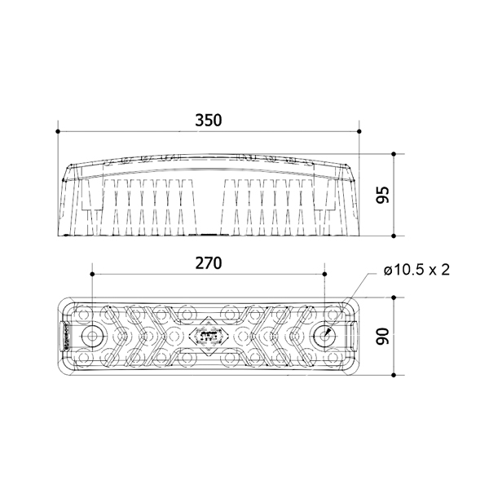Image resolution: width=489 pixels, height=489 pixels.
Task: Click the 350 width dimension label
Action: (209, 121)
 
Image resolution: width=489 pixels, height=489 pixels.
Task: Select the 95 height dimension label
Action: (383, 195)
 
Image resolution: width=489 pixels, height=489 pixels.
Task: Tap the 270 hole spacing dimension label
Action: (209, 263)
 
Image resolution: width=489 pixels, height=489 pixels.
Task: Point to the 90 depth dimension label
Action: (383, 336)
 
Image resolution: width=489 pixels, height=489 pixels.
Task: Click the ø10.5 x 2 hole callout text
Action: (417, 270)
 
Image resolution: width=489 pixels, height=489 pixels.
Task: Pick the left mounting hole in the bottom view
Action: (92, 336)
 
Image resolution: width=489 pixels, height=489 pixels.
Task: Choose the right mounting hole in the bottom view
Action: (324, 336)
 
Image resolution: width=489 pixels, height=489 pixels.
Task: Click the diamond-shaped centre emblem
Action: (209, 336)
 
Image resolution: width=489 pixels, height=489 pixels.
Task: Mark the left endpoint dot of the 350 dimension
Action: (58, 131)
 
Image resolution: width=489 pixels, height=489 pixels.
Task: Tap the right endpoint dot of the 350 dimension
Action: (359, 131)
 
